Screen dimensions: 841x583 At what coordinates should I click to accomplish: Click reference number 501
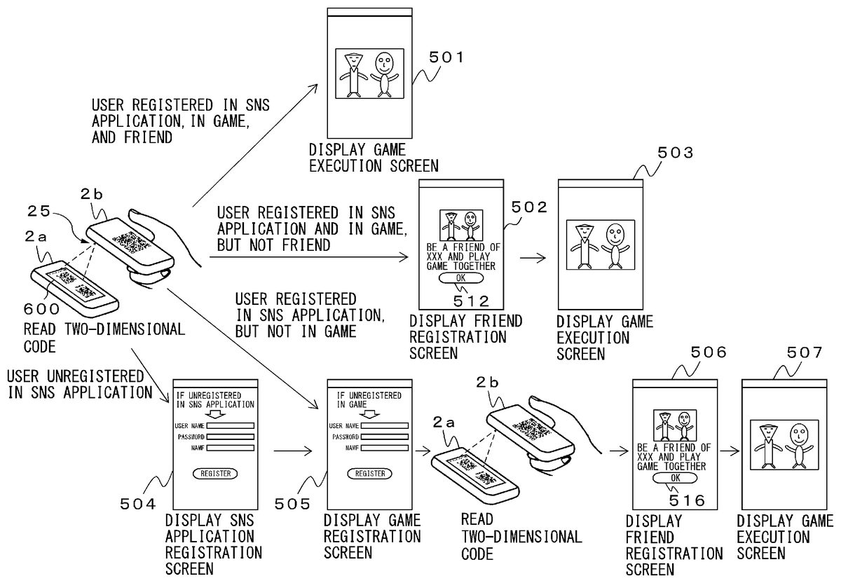coord(446,57)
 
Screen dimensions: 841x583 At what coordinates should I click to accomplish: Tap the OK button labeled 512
coord(460,278)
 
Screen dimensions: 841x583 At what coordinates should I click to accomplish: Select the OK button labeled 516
coord(675,478)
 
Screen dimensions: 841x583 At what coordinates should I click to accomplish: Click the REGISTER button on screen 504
coord(215,474)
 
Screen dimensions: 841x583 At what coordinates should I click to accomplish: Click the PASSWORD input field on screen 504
coord(230,437)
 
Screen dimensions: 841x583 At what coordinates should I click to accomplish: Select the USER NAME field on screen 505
coord(385,426)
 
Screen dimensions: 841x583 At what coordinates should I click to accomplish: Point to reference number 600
coord(41,309)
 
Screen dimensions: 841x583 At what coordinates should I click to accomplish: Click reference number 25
coord(39,212)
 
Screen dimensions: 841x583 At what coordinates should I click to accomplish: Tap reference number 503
coord(675,153)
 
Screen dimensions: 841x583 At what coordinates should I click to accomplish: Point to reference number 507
coord(805,352)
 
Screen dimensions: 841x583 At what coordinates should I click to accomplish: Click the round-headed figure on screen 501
coord(384,74)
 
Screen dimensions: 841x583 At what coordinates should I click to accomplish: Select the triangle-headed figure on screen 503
coord(584,246)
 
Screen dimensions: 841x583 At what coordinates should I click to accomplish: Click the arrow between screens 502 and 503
coord(533,258)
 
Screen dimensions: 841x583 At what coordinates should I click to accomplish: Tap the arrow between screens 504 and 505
coord(293,451)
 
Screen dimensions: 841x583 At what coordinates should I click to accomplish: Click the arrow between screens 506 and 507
coord(730,451)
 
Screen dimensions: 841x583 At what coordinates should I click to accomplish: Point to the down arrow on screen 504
coord(215,413)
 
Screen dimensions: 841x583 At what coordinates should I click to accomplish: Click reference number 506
coord(709,352)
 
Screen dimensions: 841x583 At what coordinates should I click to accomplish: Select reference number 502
coord(529,207)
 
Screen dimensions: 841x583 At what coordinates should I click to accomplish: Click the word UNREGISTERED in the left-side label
coord(95,376)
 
